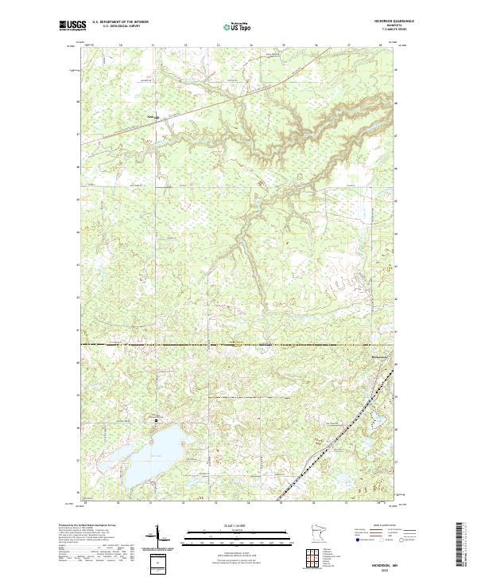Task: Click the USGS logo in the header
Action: (x=73, y=25)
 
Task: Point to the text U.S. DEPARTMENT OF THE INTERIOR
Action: (x=119, y=21)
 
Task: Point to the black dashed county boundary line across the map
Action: (x=238, y=345)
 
